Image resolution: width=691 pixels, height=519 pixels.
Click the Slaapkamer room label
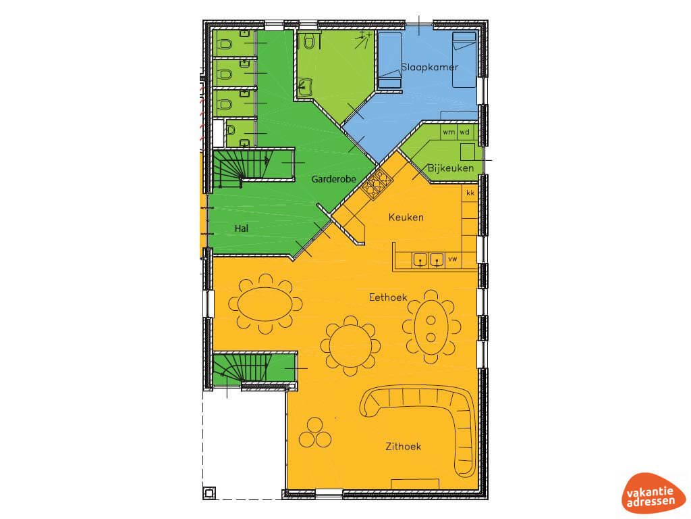coord(430,67)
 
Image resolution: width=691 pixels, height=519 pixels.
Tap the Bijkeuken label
coord(450,168)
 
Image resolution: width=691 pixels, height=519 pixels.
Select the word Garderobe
coord(333,179)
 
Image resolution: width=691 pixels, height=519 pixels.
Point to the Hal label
coord(242,228)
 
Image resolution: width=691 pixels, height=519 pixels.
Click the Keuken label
coord(406,217)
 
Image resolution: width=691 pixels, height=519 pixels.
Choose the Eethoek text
coord(388,297)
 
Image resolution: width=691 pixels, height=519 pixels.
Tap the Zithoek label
coord(404,447)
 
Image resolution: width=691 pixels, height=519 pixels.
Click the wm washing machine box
coord(449,132)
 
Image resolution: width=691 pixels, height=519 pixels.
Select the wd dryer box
coord(464,132)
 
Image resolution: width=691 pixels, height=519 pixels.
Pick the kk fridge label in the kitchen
coord(470,193)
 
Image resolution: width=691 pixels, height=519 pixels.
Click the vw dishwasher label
coord(453,259)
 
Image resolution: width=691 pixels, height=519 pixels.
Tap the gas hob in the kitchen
coord(377,184)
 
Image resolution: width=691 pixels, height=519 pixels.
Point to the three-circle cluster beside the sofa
coord(315,433)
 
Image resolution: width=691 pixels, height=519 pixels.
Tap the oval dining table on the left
coord(265,304)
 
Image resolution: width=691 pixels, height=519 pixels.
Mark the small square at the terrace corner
coord(209,493)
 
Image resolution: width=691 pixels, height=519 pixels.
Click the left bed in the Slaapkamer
coord(390,60)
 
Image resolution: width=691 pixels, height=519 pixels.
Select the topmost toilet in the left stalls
coord(225,44)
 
